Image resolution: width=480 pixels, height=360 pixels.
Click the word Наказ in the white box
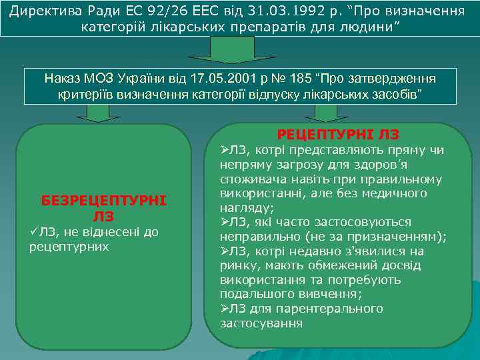click(x=63, y=79)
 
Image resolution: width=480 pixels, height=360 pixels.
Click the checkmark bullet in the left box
click(x=35, y=232)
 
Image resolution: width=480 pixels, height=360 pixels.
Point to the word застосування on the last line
click(x=261, y=323)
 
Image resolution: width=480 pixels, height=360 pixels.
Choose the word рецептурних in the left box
click(x=69, y=247)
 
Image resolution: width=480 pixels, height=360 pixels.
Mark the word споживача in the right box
click(x=251, y=179)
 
